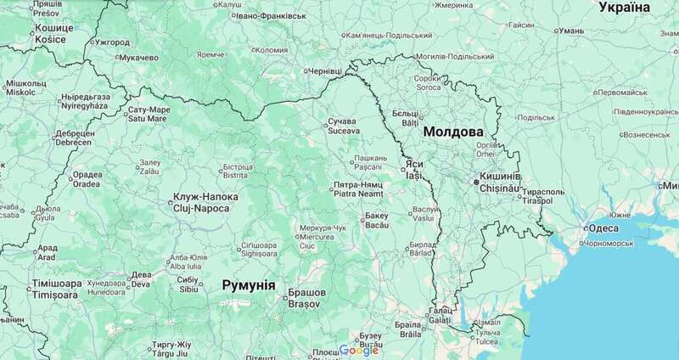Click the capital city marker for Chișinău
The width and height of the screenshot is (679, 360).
coord(476,180)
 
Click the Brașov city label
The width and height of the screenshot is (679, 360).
coord(306,298)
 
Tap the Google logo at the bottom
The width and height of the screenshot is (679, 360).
coord(358,351)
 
